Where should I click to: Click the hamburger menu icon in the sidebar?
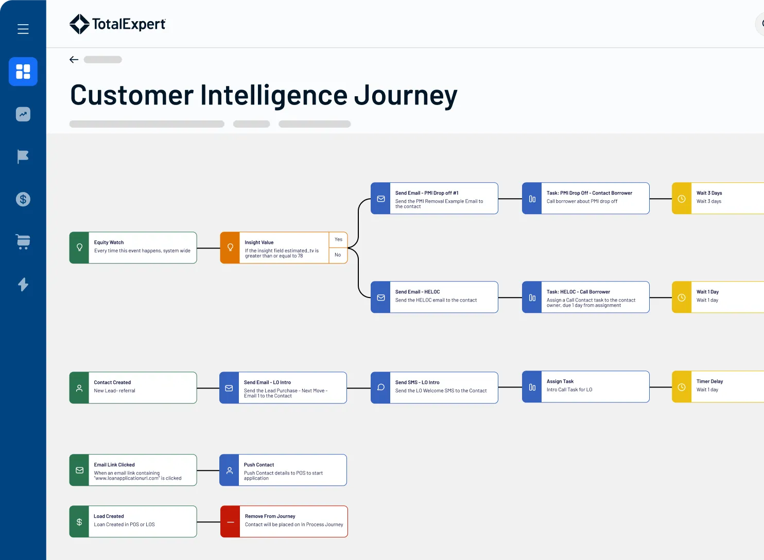coord(23,29)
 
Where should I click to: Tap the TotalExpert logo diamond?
coord(79,24)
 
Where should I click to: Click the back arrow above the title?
coord(74,60)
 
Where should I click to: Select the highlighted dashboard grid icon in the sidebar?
coord(23,72)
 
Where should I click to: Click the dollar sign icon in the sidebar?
coord(23,199)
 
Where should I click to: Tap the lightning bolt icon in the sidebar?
coord(23,284)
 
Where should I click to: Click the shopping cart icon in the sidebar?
coord(23,241)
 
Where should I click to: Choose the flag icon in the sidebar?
coord(23,156)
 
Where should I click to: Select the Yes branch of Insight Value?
coord(338,239)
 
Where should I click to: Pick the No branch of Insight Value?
coord(338,255)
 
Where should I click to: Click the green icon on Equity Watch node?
coord(79,248)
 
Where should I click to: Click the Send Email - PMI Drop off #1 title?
coord(426,193)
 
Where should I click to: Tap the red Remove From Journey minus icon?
coord(230,522)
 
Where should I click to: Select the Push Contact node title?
coord(259,465)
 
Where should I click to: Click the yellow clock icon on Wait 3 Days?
coord(681,199)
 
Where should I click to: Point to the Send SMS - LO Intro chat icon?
coord(380,388)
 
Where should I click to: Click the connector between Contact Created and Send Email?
coord(208,388)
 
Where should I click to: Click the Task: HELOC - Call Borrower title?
coord(578,292)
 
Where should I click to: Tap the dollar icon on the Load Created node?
coord(79,522)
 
